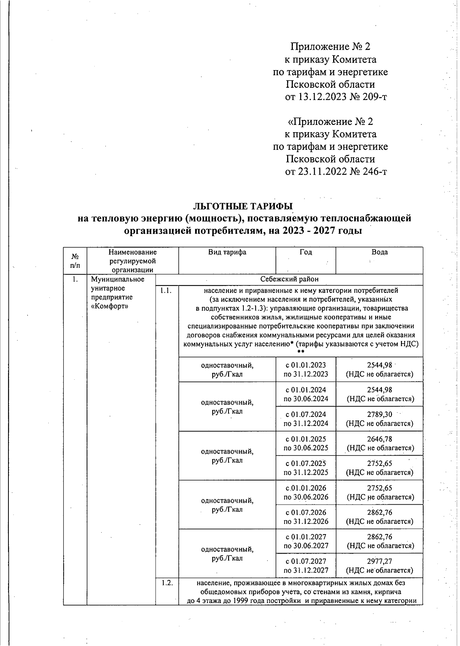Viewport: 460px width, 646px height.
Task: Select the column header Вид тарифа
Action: coord(227,252)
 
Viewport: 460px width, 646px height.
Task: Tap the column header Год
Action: coord(306,252)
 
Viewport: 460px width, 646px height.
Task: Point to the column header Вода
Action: coord(379,252)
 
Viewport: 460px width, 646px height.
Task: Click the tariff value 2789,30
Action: coord(379,414)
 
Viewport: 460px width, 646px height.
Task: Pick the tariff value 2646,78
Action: coord(379,439)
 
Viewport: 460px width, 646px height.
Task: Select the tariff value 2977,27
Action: coord(379,561)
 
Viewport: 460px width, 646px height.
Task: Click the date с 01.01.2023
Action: coord(306,365)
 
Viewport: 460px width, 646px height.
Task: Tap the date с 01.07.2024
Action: coord(306,414)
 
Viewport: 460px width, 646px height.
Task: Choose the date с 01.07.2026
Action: coord(306,512)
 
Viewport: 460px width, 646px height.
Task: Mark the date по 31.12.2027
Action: coord(306,570)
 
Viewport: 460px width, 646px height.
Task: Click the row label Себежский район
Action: coord(289,279)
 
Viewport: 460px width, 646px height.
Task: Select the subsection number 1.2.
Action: coord(167,583)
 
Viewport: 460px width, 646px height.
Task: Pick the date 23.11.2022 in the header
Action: coord(322,171)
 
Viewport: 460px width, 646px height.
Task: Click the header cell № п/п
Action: coord(75,261)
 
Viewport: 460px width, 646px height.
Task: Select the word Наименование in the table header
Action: coord(133,252)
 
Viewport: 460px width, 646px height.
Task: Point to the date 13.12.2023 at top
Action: coord(322,97)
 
